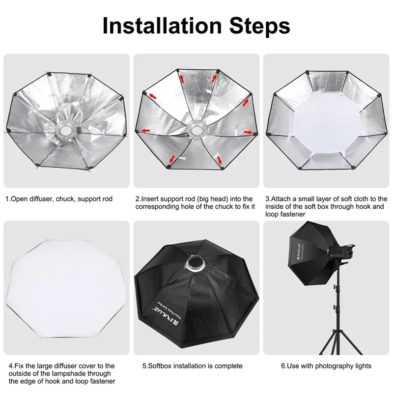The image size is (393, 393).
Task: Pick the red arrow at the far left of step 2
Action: coord(144,130)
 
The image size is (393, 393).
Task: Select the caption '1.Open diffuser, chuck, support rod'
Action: coord(59,199)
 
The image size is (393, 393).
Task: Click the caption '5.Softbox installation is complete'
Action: coord(192,365)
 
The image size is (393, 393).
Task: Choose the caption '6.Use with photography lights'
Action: coord(326,365)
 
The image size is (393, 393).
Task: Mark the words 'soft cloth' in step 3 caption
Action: coord(349,199)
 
